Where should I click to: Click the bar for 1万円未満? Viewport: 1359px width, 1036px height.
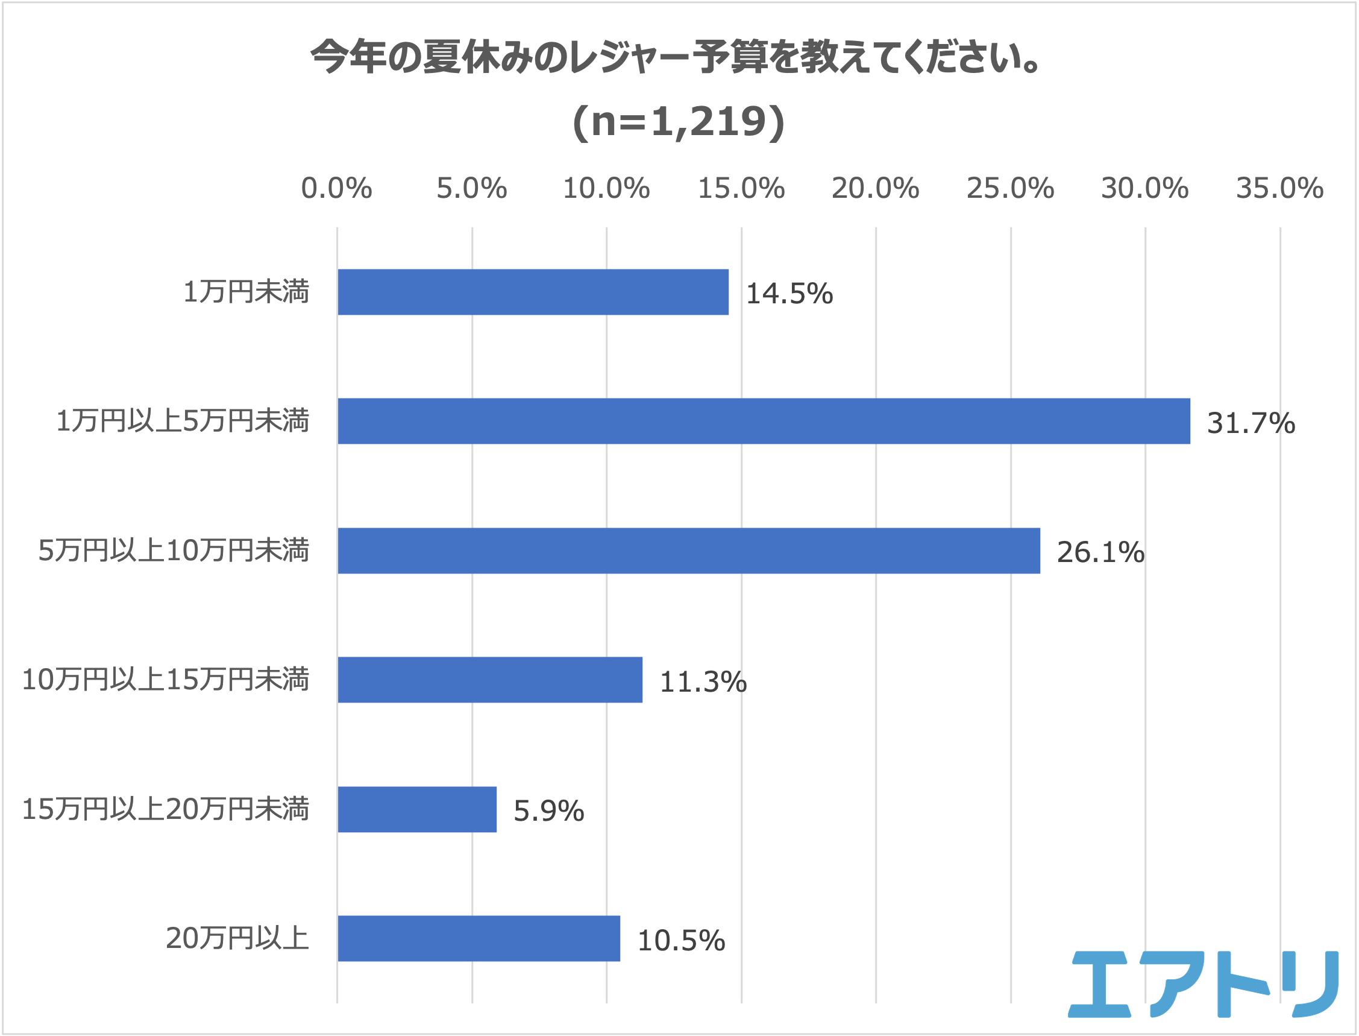pos(533,292)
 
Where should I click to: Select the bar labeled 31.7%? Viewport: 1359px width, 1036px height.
pos(764,421)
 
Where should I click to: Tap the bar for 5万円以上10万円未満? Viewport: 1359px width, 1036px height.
pos(688,551)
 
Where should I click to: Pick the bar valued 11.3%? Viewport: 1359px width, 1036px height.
pos(490,680)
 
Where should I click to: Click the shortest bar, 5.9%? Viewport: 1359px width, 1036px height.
pos(417,809)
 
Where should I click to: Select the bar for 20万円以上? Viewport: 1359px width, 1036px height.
pos(479,938)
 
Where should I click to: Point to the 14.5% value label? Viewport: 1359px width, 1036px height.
pos(789,294)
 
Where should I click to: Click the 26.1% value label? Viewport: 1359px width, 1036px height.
pos(1100,552)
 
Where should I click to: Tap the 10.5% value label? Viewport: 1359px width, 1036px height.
pos(681,940)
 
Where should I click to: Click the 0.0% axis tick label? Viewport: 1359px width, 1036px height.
pos(336,188)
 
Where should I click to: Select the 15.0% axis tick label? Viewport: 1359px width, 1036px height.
pos(741,188)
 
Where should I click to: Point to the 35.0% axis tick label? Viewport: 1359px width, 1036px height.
pos(1279,188)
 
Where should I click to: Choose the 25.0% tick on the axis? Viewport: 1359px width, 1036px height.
pos(1010,188)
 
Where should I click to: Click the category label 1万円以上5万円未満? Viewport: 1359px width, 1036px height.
pos(183,421)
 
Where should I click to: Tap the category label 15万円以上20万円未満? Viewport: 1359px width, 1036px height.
pos(165,809)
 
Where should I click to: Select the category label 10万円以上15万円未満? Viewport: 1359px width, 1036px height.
pos(165,680)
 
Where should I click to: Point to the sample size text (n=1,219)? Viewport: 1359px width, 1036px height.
pos(679,121)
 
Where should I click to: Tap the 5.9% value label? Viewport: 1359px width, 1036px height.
pos(548,811)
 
